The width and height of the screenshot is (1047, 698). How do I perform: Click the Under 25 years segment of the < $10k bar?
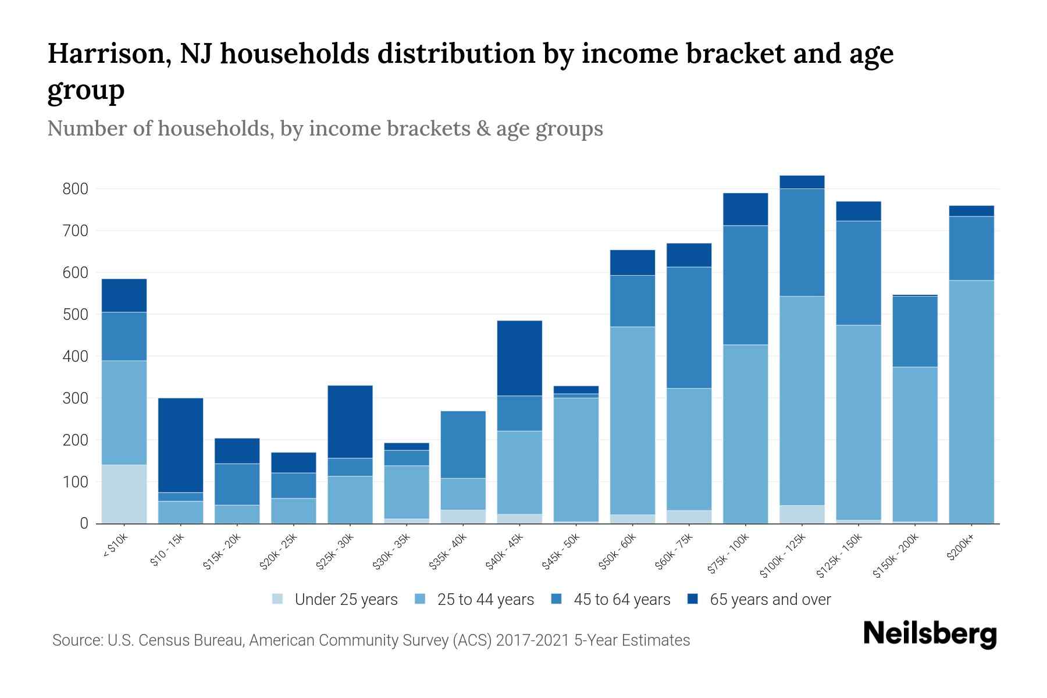coord(124,494)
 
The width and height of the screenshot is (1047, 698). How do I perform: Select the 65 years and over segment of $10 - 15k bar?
coord(180,445)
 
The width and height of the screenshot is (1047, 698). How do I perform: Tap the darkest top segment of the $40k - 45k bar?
coord(519,358)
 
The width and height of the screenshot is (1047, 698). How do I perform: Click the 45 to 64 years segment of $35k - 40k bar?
coord(463,444)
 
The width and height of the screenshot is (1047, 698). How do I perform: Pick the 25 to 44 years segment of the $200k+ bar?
coord(971,401)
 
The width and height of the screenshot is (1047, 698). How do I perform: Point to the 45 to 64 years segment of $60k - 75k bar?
coord(689,327)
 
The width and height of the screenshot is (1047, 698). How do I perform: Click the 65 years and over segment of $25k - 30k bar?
coord(350,422)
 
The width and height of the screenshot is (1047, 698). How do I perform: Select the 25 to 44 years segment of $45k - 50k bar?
coord(576,460)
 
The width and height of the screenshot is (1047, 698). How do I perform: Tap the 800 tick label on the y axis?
coord(75,189)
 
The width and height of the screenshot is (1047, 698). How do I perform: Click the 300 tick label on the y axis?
coord(75,398)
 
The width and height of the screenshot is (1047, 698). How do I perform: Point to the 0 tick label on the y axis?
coord(84,523)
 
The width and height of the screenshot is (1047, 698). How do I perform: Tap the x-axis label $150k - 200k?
coord(896,555)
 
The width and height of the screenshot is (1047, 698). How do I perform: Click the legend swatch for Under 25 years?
coord(278,599)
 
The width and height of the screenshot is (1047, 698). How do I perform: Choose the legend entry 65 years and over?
coord(770,600)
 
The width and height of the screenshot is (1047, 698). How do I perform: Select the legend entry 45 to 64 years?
coord(621,600)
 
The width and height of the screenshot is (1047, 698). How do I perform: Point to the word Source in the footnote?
coord(76,640)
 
